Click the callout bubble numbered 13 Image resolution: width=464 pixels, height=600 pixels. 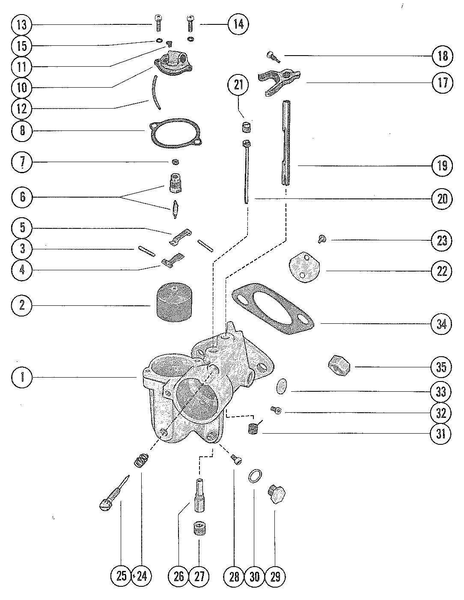(22, 25)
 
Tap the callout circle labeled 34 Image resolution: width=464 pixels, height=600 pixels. (441, 324)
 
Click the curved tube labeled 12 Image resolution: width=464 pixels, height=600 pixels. (155, 92)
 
